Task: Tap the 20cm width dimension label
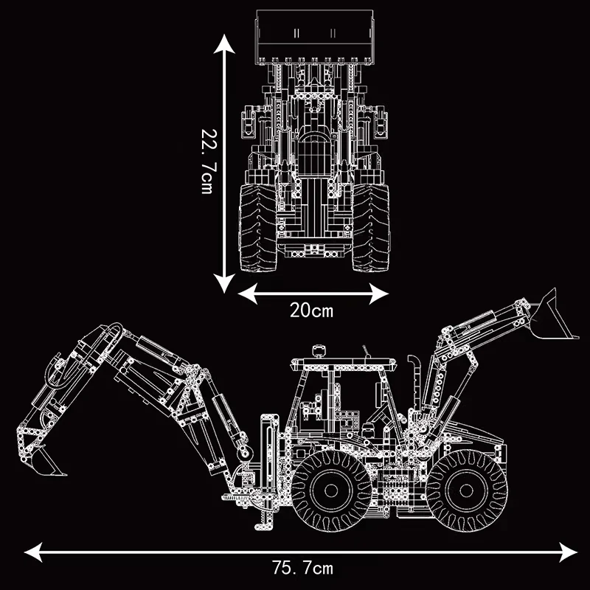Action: tap(311, 310)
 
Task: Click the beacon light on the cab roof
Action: tap(319, 350)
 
